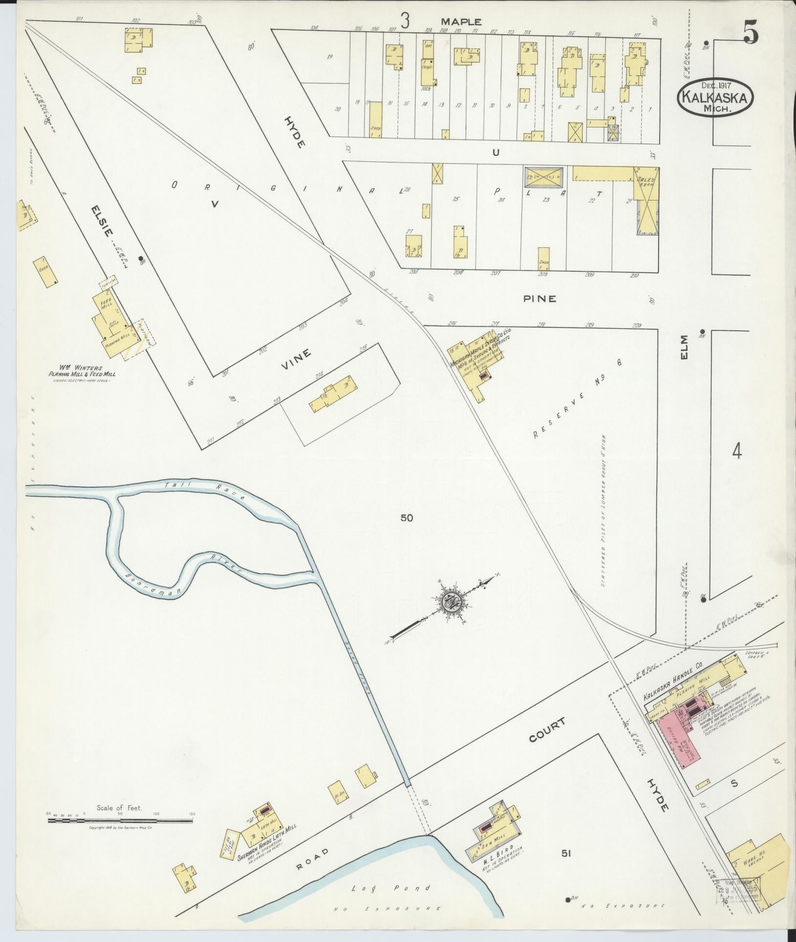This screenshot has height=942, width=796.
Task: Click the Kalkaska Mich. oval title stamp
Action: [715, 97]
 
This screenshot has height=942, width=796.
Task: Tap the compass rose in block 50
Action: [452, 602]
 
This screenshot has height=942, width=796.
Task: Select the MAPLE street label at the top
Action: [461, 22]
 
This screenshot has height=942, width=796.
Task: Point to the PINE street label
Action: [540, 298]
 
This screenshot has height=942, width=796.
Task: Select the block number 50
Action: [406, 518]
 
